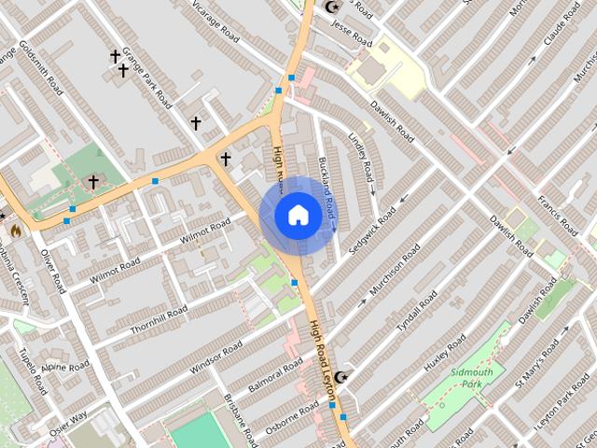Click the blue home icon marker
298,215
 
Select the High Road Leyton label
322,363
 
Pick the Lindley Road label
360,157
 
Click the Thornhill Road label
159,318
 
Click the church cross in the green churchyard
92,181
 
